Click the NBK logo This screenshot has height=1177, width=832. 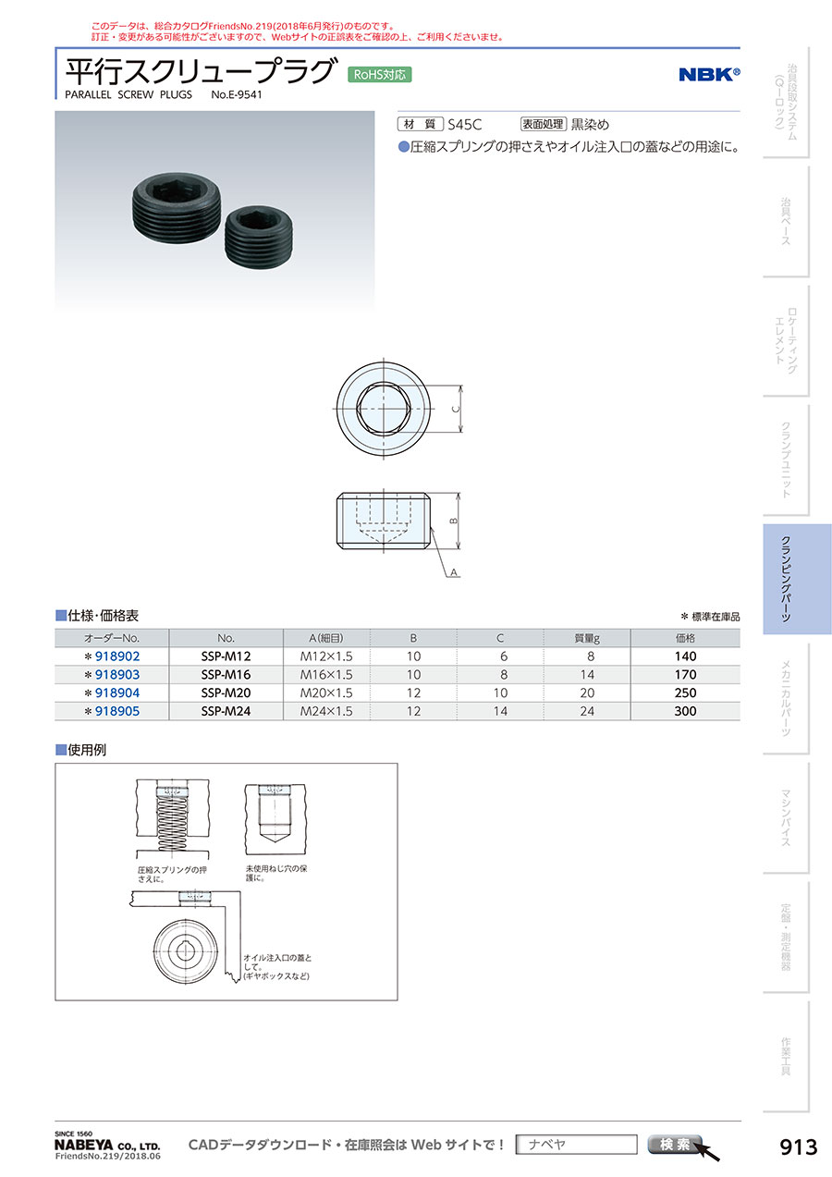click(709, 74)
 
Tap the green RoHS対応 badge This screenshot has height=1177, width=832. click(379, 75)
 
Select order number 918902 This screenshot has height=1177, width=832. click(117, 656)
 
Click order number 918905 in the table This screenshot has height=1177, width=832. click(117, 711)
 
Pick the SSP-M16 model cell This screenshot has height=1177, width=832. click(226, 675)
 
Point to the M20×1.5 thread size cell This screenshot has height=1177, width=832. click(326, 693)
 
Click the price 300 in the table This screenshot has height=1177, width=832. click(685, 711)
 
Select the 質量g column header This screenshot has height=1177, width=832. click(587, 638)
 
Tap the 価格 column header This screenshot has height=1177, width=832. click(685, 638)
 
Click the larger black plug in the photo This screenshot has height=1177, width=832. click(176, 207)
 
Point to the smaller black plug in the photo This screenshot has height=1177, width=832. click(259, 237)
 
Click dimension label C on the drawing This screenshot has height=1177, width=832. click(456, 409)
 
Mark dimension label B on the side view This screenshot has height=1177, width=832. click(453, 521)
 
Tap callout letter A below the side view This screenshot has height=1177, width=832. click(454, 572)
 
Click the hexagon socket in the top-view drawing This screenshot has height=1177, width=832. click(384, 409)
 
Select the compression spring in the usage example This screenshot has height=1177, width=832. click(172, 825)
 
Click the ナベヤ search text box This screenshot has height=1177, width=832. click(576, 1145)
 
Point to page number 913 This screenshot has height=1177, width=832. click(799, 1147)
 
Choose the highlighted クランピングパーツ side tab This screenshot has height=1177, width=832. click(797, 579)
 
